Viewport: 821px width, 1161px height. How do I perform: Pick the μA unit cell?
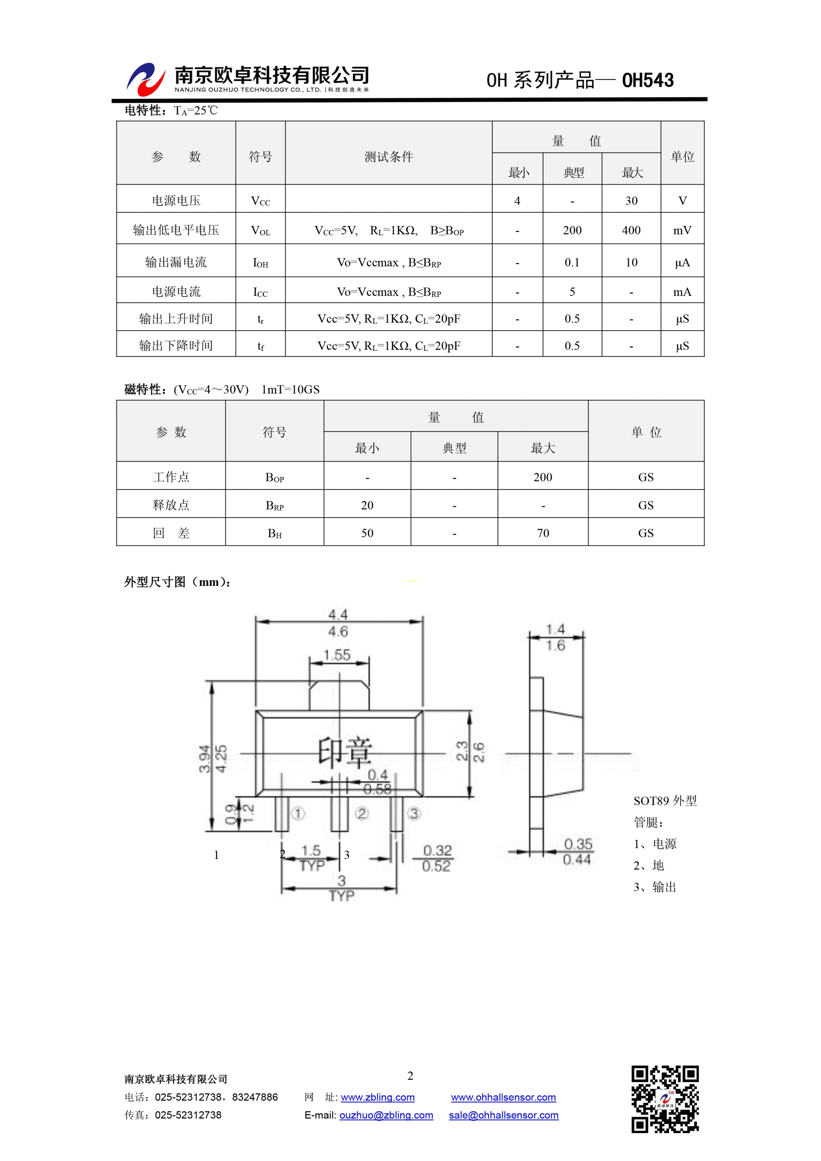682,262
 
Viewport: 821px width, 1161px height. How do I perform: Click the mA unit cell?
682,292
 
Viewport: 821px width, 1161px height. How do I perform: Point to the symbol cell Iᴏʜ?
260,262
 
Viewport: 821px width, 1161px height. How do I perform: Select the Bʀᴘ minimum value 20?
367,505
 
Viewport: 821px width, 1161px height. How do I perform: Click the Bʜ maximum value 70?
543,533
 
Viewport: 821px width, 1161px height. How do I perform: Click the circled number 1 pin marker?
298,814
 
